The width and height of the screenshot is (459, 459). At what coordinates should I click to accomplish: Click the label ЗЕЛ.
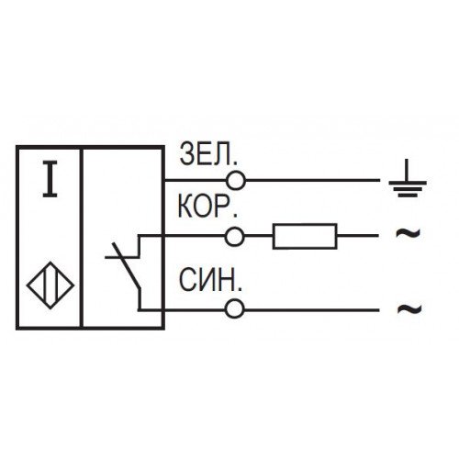(208, 154)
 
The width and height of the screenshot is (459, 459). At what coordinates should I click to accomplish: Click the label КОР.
(207, 207)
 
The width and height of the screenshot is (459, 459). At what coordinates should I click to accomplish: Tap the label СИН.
(210, 280)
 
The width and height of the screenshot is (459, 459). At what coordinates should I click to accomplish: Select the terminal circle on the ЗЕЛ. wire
(236, 181)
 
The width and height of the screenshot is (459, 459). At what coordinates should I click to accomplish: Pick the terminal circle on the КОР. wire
(235, 236)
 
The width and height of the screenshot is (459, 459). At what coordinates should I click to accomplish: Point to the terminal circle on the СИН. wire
(235, 309)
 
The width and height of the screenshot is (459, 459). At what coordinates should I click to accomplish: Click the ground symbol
(408, 178)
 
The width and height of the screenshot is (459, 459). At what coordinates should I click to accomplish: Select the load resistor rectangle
(305, 236)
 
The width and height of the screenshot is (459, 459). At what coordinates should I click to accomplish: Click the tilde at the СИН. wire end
(409, 308)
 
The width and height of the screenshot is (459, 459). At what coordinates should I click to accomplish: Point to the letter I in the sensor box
(50, 179)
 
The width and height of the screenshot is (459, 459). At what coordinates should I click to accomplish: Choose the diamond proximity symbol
(50, 285)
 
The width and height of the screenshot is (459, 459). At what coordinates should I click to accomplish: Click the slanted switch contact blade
(127, 265)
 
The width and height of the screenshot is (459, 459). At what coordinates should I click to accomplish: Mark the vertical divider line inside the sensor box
(82, 238)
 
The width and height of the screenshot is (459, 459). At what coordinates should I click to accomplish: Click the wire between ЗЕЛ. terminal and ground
(312, 181)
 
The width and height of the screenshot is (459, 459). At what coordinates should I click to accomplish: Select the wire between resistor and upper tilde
(357, 236)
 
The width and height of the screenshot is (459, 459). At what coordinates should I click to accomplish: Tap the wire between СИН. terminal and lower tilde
(311, 309)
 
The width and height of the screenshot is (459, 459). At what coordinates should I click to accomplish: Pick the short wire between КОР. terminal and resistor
(259, 236)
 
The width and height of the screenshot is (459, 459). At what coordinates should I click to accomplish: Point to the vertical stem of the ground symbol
(407, 170)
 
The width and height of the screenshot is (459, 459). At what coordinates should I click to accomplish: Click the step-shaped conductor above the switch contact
(140, 246)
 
